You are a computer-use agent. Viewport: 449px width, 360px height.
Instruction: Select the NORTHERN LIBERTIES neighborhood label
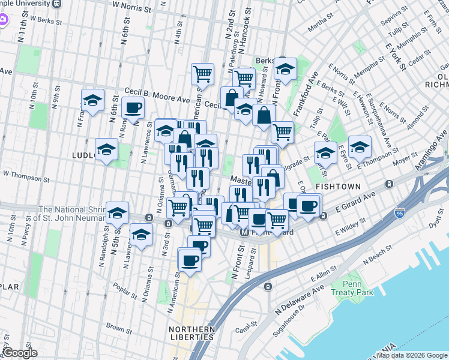click(x=191, y=333)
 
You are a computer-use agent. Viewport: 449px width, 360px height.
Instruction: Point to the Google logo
click(x=19, y=353)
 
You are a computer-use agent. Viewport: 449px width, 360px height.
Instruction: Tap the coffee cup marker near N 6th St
click(x=133, y=108)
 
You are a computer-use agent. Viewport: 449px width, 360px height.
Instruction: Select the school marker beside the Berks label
click(x=286, y=68)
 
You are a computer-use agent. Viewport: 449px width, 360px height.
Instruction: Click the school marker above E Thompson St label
click(x=360, y=146)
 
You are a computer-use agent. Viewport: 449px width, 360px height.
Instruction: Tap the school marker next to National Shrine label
click(x=118, y=212)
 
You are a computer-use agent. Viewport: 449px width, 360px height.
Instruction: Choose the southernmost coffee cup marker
click(x=190, y=260)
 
